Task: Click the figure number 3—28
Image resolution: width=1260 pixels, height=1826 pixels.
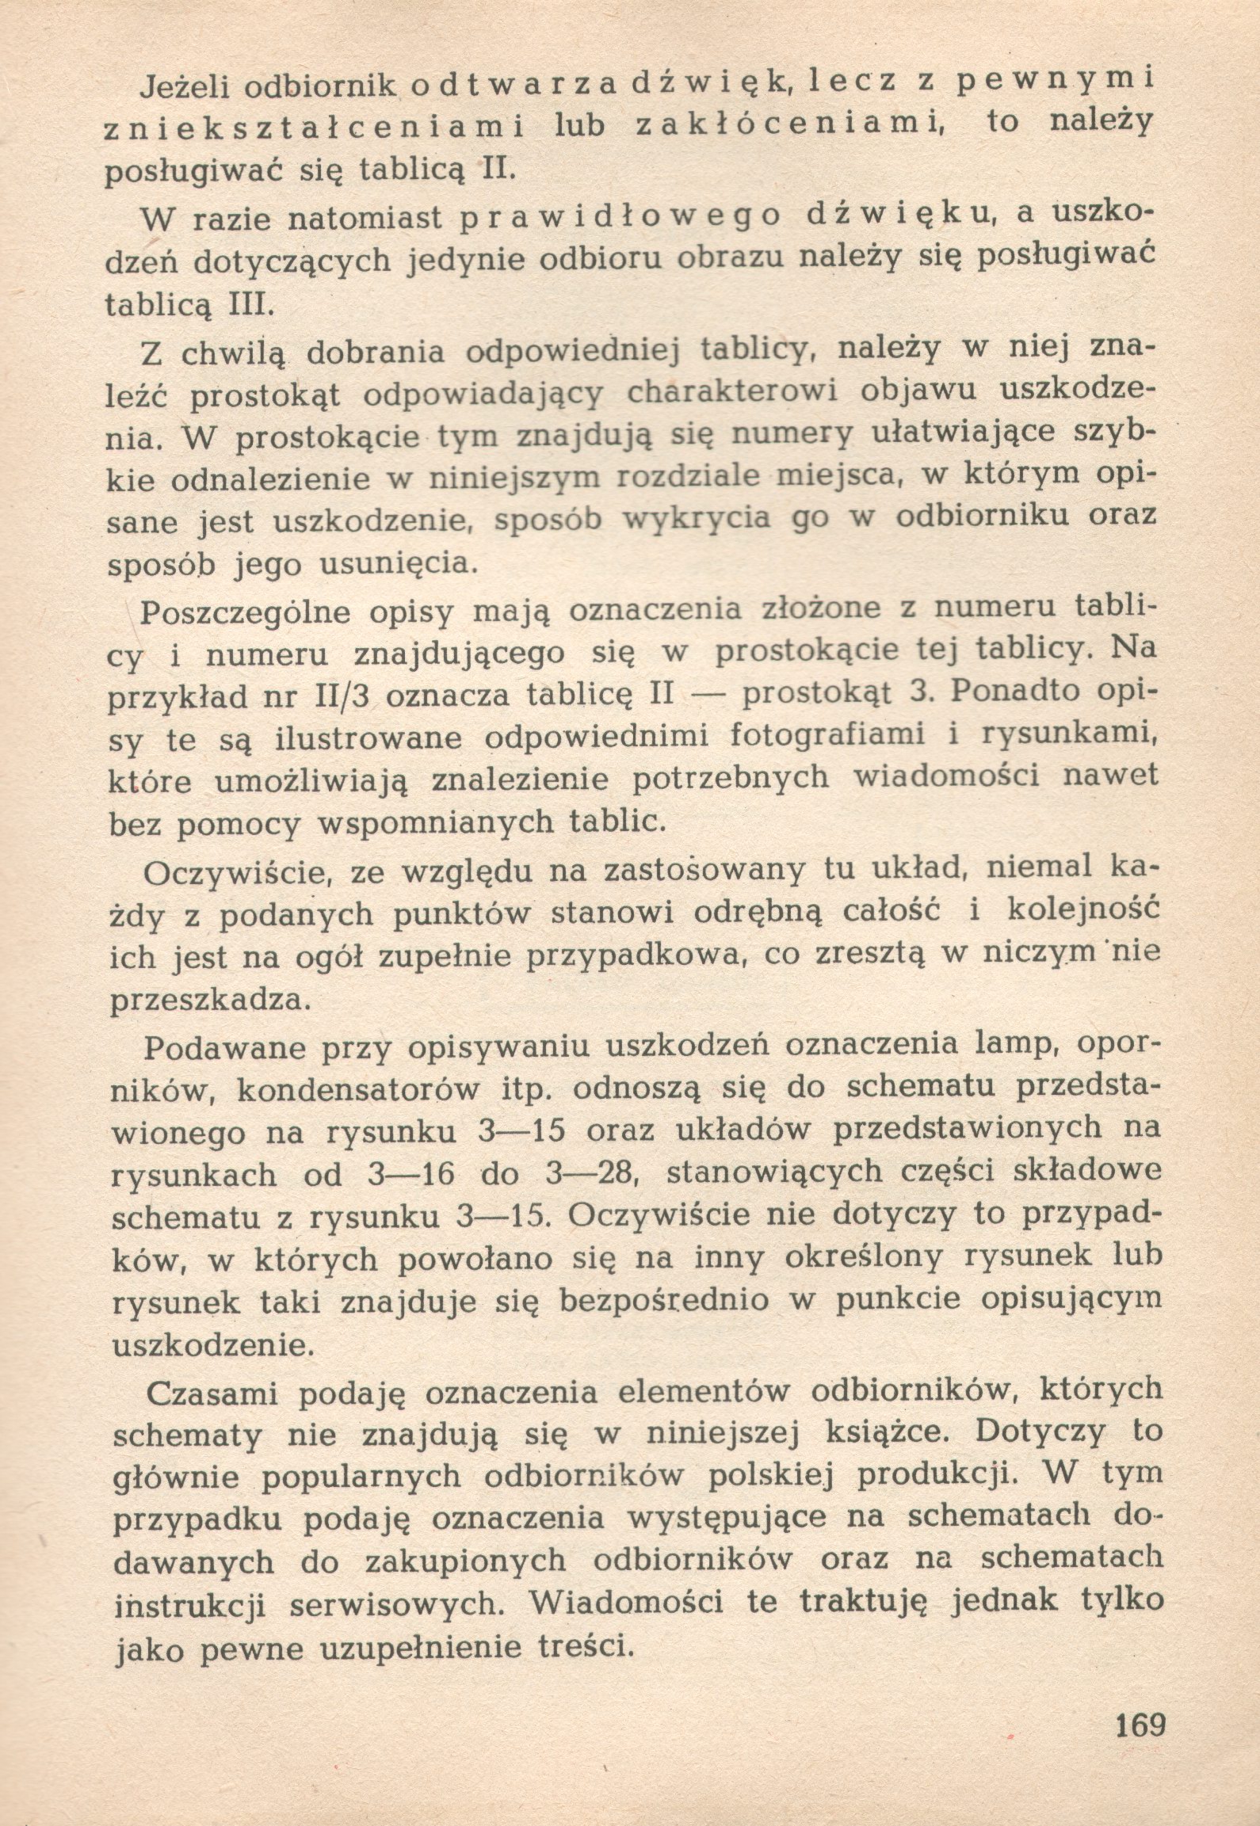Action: (x=592, y=1174)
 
